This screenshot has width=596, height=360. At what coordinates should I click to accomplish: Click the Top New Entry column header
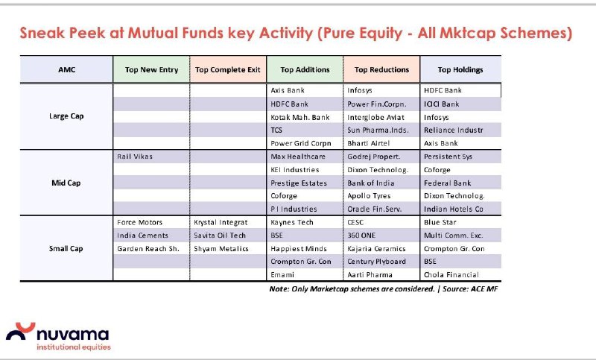tap(151, 69)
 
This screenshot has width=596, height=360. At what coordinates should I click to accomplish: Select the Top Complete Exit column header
tap(228, 69)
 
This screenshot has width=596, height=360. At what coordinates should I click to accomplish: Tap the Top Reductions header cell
tap(381, 69)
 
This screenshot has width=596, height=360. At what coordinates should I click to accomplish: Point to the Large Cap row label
tap(66, 116)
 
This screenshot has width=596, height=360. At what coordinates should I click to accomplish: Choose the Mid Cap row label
tap(66, 183)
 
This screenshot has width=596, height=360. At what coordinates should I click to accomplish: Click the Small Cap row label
tap(66, 249)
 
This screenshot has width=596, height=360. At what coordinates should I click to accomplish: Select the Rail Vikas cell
tap(135, 157)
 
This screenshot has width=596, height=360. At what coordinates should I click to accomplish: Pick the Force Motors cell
tap(139, 222)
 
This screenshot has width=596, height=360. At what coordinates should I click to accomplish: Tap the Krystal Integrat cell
tap(221, 222)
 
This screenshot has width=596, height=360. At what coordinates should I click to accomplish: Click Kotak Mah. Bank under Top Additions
tap(300, 117)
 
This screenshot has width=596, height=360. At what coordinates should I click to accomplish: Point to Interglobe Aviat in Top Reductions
tap(375, 118)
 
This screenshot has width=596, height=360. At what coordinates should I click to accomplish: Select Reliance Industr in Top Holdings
tap(453, 130)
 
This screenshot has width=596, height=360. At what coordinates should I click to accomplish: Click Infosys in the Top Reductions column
tap(360, 90)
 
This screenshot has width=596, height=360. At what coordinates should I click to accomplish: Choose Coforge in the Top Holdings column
tap(437, 170)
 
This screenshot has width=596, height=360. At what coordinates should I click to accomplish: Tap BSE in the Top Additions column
tap(276, 236)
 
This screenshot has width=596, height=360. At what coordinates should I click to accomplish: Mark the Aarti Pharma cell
tap(370, 274)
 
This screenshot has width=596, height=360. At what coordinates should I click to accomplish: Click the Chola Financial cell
tap(451, 274)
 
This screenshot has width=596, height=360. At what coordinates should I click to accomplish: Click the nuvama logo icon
tap(21, 331)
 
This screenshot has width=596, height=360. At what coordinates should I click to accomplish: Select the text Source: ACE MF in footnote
tap(470, 289)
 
